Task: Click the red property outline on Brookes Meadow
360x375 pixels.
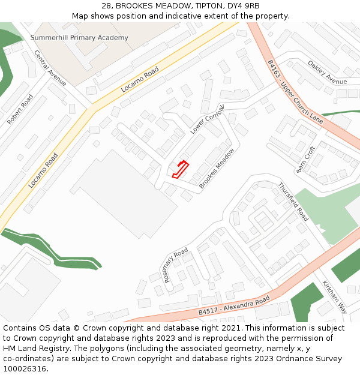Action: [x=181, y=169]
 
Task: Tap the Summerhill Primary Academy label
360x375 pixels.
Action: [x=79, y=38]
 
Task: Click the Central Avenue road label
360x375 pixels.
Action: [x=50, y=67]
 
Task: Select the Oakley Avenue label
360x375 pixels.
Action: [x=327, y=73]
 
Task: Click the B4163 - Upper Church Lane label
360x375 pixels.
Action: [x=295, y=92]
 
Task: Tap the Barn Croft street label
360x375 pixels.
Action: [x=305, y=160]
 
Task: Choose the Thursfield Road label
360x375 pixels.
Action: [x=293, y=202]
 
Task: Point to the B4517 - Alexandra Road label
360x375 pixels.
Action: [x=234, y=306]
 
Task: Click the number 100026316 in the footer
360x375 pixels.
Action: [x=24, y=368]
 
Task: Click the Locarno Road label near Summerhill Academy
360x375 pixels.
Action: [x=140, y=80]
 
